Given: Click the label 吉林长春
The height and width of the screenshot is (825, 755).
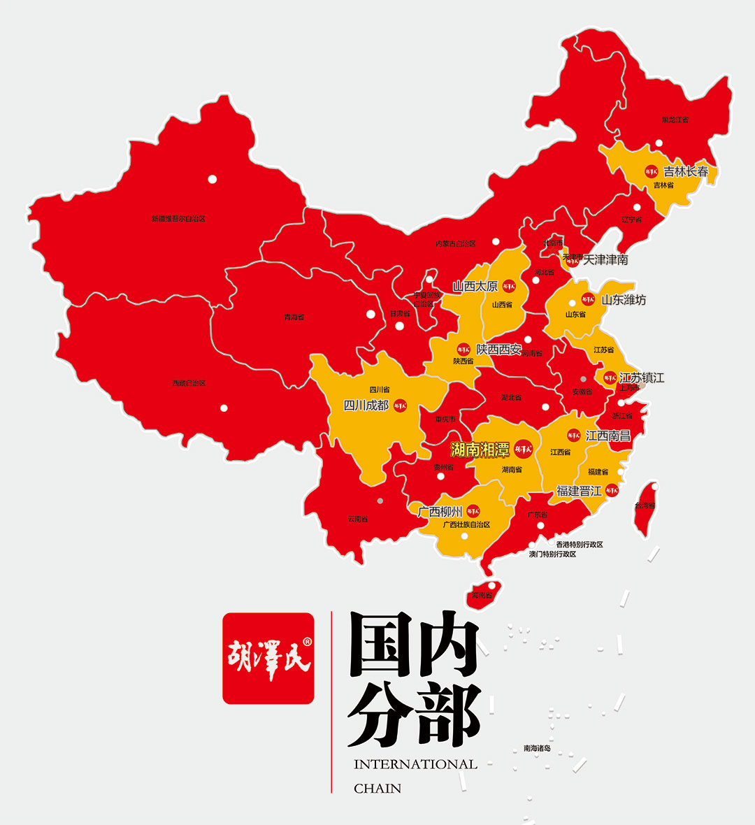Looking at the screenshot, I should pos(685,171).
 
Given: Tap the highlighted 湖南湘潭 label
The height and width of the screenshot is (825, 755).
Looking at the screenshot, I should pos(480,450).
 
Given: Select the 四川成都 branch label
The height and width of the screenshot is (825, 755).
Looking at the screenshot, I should pos(366,406).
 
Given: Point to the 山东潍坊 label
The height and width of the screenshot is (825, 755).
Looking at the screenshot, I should pos(624,300).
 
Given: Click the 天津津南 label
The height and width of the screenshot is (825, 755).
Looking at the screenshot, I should pos(605,259).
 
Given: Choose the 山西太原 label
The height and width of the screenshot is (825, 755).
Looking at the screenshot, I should pos(475,286).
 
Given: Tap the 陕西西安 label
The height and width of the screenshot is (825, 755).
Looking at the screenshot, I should pos(498,349).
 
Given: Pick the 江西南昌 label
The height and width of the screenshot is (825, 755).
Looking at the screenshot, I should pos(607,436).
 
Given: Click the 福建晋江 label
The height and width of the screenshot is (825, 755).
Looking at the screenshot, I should pos(579,491).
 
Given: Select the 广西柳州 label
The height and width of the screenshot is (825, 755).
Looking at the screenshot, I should pos(440,511).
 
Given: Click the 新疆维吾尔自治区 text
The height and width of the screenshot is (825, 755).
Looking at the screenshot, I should pos(179,219).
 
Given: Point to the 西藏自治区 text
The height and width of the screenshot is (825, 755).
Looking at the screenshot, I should pos(189,383).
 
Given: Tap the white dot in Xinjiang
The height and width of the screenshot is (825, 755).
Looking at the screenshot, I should pos(213,179).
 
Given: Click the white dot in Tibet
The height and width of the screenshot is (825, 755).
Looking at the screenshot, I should pos(224,408).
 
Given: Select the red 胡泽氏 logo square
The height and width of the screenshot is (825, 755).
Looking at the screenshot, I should pos(268,658).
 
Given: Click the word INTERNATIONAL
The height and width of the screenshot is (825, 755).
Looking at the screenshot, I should pos(415,764).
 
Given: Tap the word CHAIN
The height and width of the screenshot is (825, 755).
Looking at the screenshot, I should pos(377,788).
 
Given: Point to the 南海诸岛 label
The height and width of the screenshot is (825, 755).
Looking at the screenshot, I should pos(537,748).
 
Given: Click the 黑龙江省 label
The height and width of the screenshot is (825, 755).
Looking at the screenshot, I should pos(675,120).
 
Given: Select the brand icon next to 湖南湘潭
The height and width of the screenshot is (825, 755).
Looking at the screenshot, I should pos(523,449).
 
